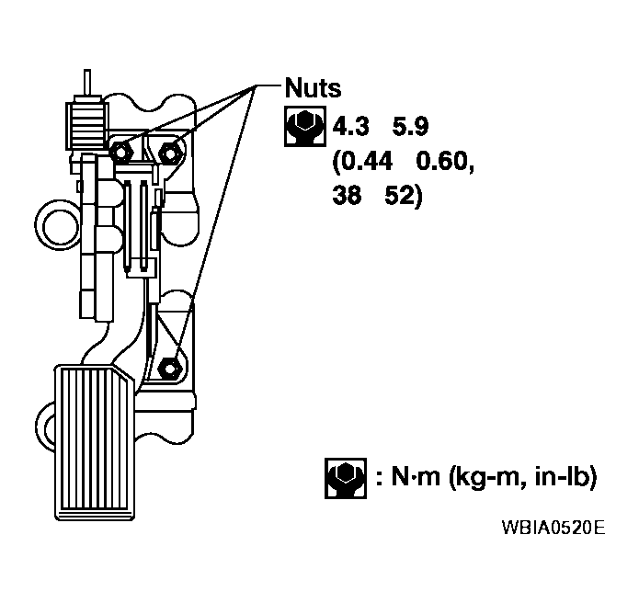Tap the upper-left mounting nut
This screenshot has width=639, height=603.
pos(122,151)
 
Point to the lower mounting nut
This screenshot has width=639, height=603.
pos(169,366)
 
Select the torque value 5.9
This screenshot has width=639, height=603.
pos(412,126)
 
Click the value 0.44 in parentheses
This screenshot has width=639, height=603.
pos(362,162)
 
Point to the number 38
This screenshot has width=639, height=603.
pos(348,198)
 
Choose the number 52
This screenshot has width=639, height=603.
pos(405,198)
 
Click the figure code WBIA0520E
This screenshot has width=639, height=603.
pos(553,529)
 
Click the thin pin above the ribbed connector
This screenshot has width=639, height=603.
pos(86,80)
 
